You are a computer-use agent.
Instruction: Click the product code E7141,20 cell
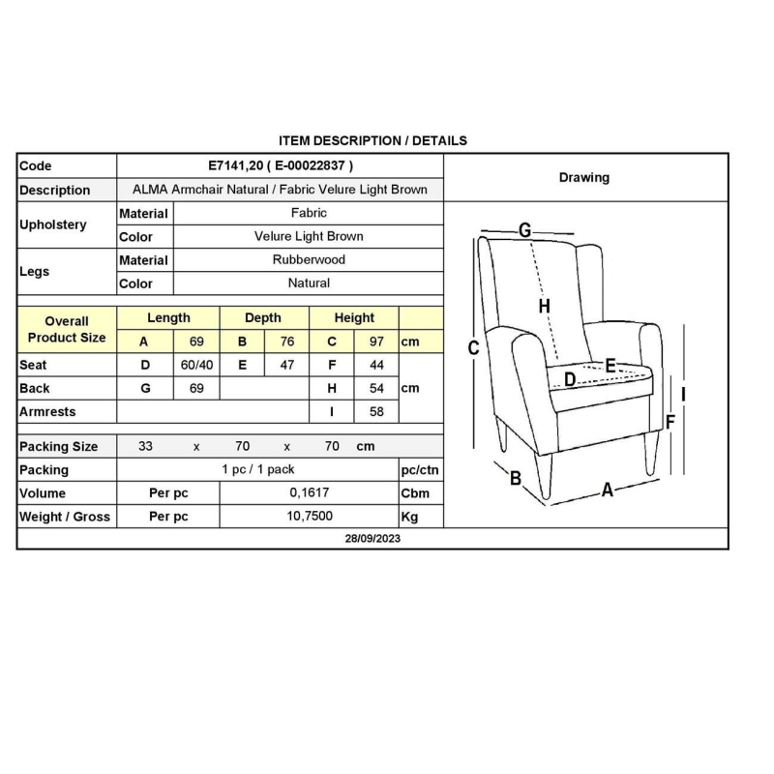(x=281, y=165)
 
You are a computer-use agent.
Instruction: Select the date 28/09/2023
(x=372, y=539)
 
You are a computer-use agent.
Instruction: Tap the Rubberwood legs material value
(x=309, y=259)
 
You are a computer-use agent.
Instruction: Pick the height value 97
(x=376, y=342)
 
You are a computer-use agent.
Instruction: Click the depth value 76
(x=286, y=342)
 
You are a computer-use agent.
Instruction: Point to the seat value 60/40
(x=197, y=365)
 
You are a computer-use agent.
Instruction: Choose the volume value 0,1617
(x=309, y=492)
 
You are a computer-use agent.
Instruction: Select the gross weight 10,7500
(x=309, y=517)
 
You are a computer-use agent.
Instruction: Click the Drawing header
(x=584, y=177)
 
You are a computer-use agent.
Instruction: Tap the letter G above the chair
(x=524, y=230)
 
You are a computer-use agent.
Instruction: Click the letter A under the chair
(x=608, y=490)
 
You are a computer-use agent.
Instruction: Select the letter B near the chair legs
(x=516, y=478)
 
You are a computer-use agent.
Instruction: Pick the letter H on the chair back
(x=545, y=306)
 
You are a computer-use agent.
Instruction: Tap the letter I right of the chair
(x=683, y=394)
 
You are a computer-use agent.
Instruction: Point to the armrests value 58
(x=376, y=411)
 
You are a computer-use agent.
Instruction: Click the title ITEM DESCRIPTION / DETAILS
(x=372, y=140)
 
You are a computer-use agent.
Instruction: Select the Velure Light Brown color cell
(x=309, y=236)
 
